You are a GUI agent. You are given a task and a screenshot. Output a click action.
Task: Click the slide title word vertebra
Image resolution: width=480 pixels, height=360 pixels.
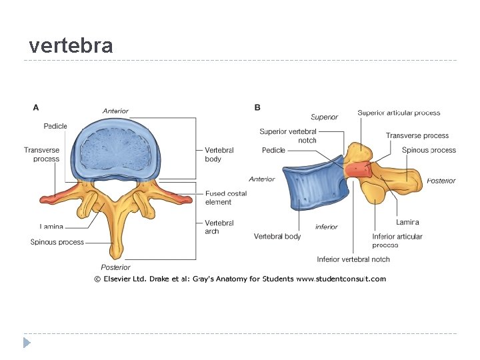pos(71,46)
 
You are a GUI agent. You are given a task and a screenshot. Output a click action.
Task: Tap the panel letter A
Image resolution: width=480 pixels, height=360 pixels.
pos(36,107)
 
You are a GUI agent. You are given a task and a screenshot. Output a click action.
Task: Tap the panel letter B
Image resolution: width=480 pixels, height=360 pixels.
pos(257,107)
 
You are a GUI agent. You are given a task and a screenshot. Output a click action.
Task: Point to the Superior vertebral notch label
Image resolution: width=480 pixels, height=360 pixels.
pos(288,136)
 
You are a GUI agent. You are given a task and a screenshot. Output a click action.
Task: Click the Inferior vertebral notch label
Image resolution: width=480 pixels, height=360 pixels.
pos(353,259)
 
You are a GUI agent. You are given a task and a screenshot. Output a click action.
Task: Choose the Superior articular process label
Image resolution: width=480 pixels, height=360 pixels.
pos(399,113)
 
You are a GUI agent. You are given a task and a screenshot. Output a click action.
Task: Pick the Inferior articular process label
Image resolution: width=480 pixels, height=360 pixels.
pos(397,241)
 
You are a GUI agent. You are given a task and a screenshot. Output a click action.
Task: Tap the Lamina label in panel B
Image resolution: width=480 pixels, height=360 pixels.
pos(407,222)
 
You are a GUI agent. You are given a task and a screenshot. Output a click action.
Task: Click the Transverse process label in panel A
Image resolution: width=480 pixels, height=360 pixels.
pos(42,155)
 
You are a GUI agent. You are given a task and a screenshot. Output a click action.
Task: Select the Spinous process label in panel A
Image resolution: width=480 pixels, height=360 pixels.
pos(57,242)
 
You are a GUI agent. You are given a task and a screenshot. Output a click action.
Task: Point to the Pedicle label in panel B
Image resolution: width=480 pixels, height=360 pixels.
pos(273,151)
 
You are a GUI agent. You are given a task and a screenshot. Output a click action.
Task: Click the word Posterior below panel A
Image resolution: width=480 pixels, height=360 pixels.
pos(115,267)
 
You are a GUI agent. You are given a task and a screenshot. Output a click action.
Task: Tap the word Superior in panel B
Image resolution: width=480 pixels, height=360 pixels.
pos(325,117)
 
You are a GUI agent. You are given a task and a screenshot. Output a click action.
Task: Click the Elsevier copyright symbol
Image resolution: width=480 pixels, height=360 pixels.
pos(97,279)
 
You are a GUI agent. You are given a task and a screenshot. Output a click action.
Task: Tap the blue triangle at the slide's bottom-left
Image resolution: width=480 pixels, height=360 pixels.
pos(27,343)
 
